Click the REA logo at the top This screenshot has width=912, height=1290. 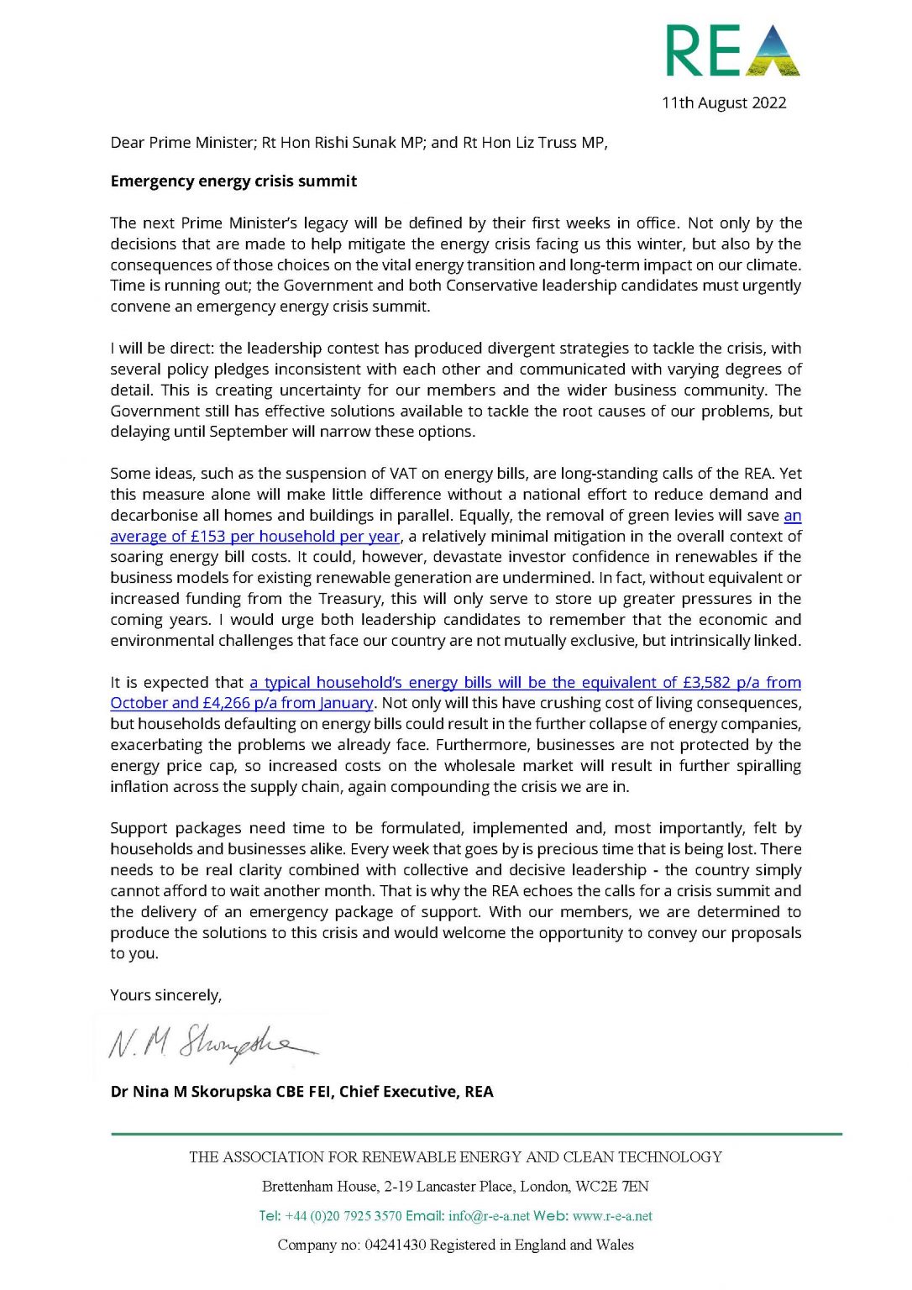732,50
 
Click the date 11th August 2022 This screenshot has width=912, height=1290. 724,103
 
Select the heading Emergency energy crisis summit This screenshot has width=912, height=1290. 233,181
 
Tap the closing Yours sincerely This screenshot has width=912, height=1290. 166,995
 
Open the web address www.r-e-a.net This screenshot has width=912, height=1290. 612,1216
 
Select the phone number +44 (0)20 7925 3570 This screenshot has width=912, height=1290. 343,1216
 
